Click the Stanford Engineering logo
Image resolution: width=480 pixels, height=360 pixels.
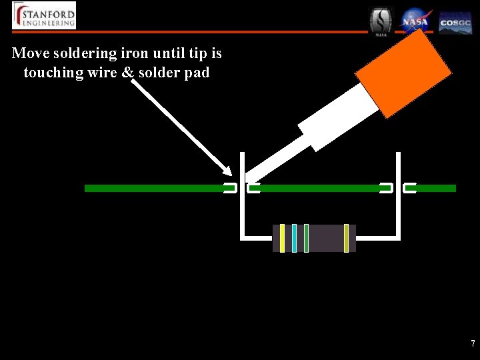44,15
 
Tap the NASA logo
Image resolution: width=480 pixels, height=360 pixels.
416,21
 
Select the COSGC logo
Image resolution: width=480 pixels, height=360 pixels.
455,22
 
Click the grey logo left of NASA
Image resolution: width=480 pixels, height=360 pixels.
381,21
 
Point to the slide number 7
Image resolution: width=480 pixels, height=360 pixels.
473,344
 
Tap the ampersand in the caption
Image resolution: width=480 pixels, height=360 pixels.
127,72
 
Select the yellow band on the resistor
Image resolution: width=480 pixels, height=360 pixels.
283,238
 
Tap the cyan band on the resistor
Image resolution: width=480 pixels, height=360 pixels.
294,238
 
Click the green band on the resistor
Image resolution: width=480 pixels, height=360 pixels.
306,238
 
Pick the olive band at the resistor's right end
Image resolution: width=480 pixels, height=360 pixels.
346,238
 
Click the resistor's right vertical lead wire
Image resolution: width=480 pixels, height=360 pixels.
398,200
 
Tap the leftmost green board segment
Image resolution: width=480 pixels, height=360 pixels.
153,189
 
